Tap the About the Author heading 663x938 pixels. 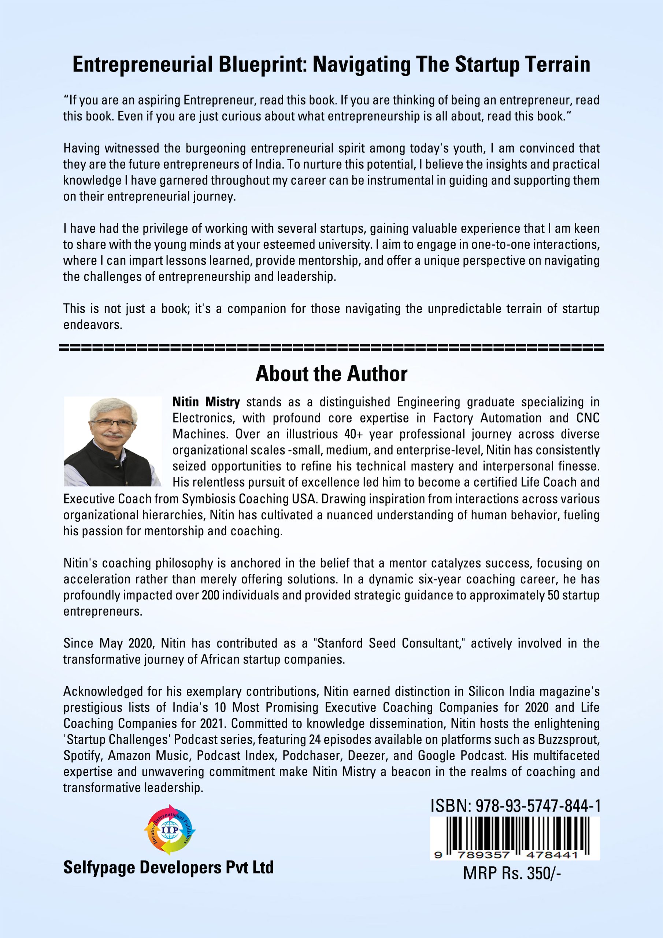(331, 374)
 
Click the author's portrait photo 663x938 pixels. (113, 441)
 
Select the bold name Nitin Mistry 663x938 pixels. (206, 402)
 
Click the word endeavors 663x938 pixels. (92, 325)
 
